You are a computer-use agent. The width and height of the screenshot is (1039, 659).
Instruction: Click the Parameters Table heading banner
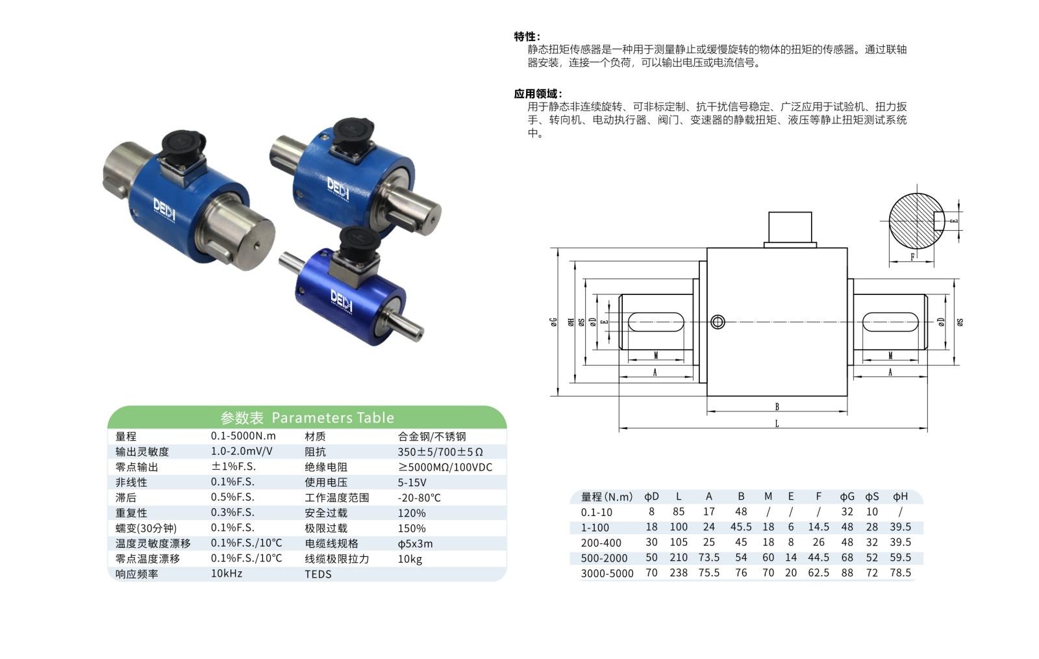[x=307, y=417]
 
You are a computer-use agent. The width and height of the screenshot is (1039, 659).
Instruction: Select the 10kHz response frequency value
[x=227, y=574]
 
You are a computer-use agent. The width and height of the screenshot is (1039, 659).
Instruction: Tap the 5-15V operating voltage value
[x=412, y=482]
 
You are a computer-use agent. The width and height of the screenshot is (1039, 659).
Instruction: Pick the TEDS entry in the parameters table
[x=318, y=574]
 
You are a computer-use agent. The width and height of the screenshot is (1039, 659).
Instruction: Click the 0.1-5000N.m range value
[x=243, y=436]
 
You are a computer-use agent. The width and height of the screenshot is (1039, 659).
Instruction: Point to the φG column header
[x=847, y=497]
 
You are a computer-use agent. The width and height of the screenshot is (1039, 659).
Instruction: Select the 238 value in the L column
[x=679, y=573]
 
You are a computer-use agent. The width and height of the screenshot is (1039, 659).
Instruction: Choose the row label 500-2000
[x=604, y=558]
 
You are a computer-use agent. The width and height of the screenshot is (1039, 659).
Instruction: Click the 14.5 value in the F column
[x=819, y=526]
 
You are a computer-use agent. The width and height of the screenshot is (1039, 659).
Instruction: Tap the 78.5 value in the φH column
[x=900, y=573]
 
